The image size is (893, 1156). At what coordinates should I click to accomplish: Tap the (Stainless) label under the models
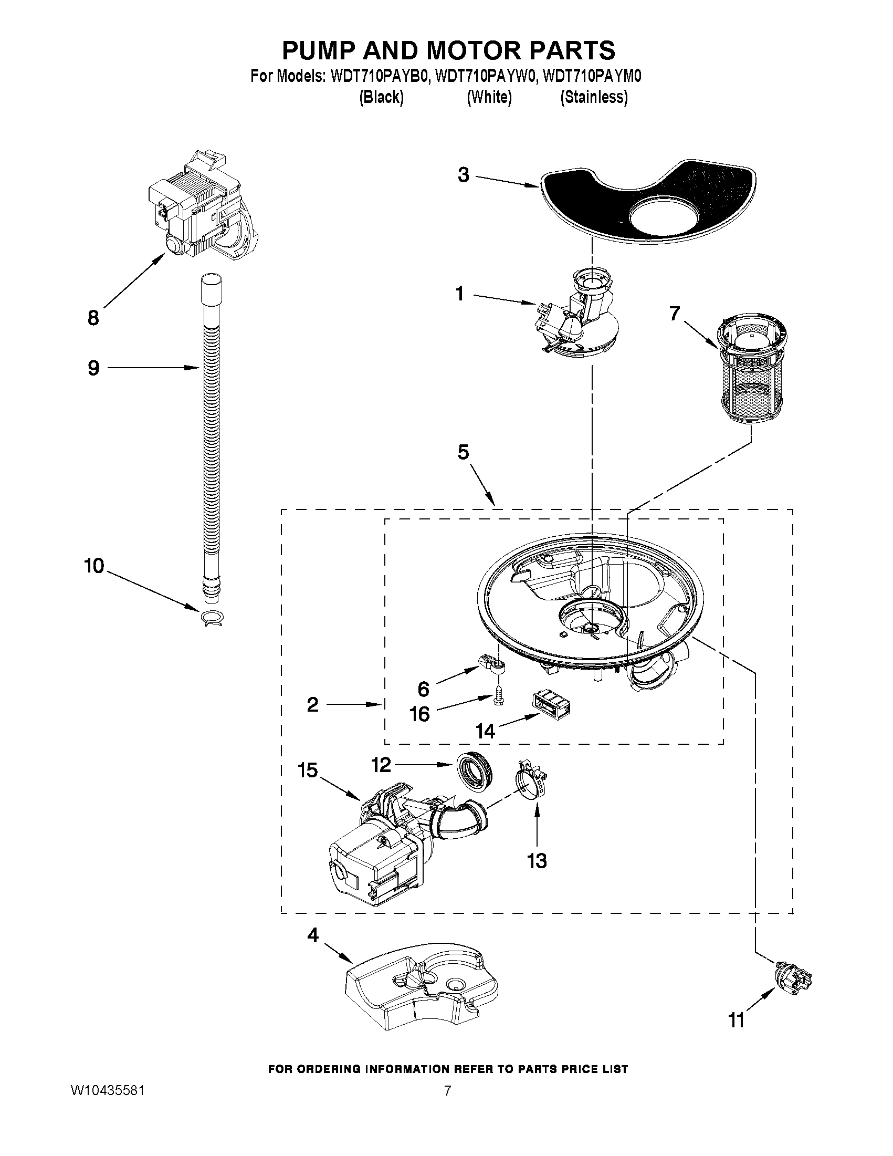pyautogui.click(x=594, y=97)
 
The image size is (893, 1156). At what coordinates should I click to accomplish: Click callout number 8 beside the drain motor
pyautogui.click(x=93, y=318)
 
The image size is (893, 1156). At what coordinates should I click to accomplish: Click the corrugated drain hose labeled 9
pyautogui.click(x=212, y=423)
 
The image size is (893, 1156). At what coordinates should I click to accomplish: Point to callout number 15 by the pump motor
pyautogui.click(x=307, y=770)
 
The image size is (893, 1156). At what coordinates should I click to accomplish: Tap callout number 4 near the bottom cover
pyautogui.click(x=313, y=935)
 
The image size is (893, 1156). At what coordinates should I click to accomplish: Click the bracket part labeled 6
pyautogui.click(x=492, y=664)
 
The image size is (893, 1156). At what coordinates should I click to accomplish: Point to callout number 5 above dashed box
pyautogui.click(x=463, y=453)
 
